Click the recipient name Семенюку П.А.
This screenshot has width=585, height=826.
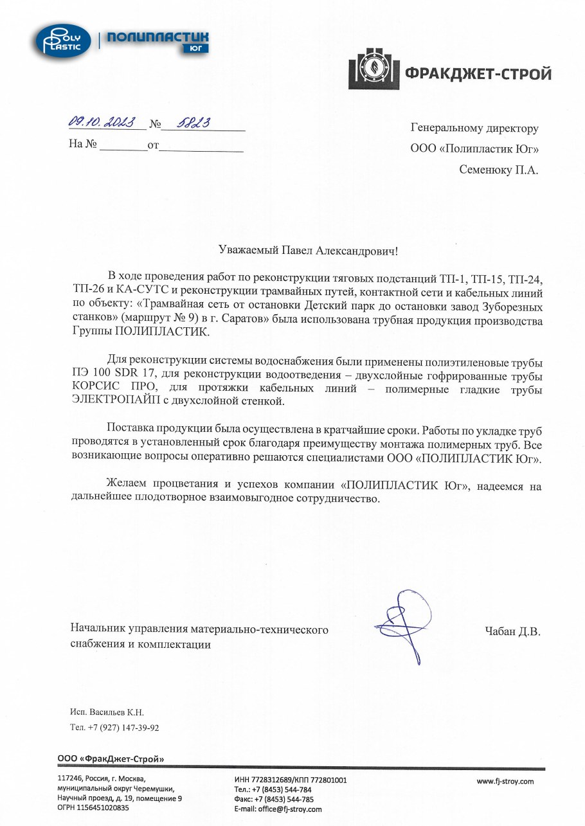click(499, 170)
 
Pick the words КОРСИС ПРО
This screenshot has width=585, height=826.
click(105, 388)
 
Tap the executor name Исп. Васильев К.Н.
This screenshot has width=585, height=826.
click(107, 713)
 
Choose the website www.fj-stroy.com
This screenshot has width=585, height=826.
click(505, 782)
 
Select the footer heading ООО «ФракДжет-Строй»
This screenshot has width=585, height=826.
click(111, 759)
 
